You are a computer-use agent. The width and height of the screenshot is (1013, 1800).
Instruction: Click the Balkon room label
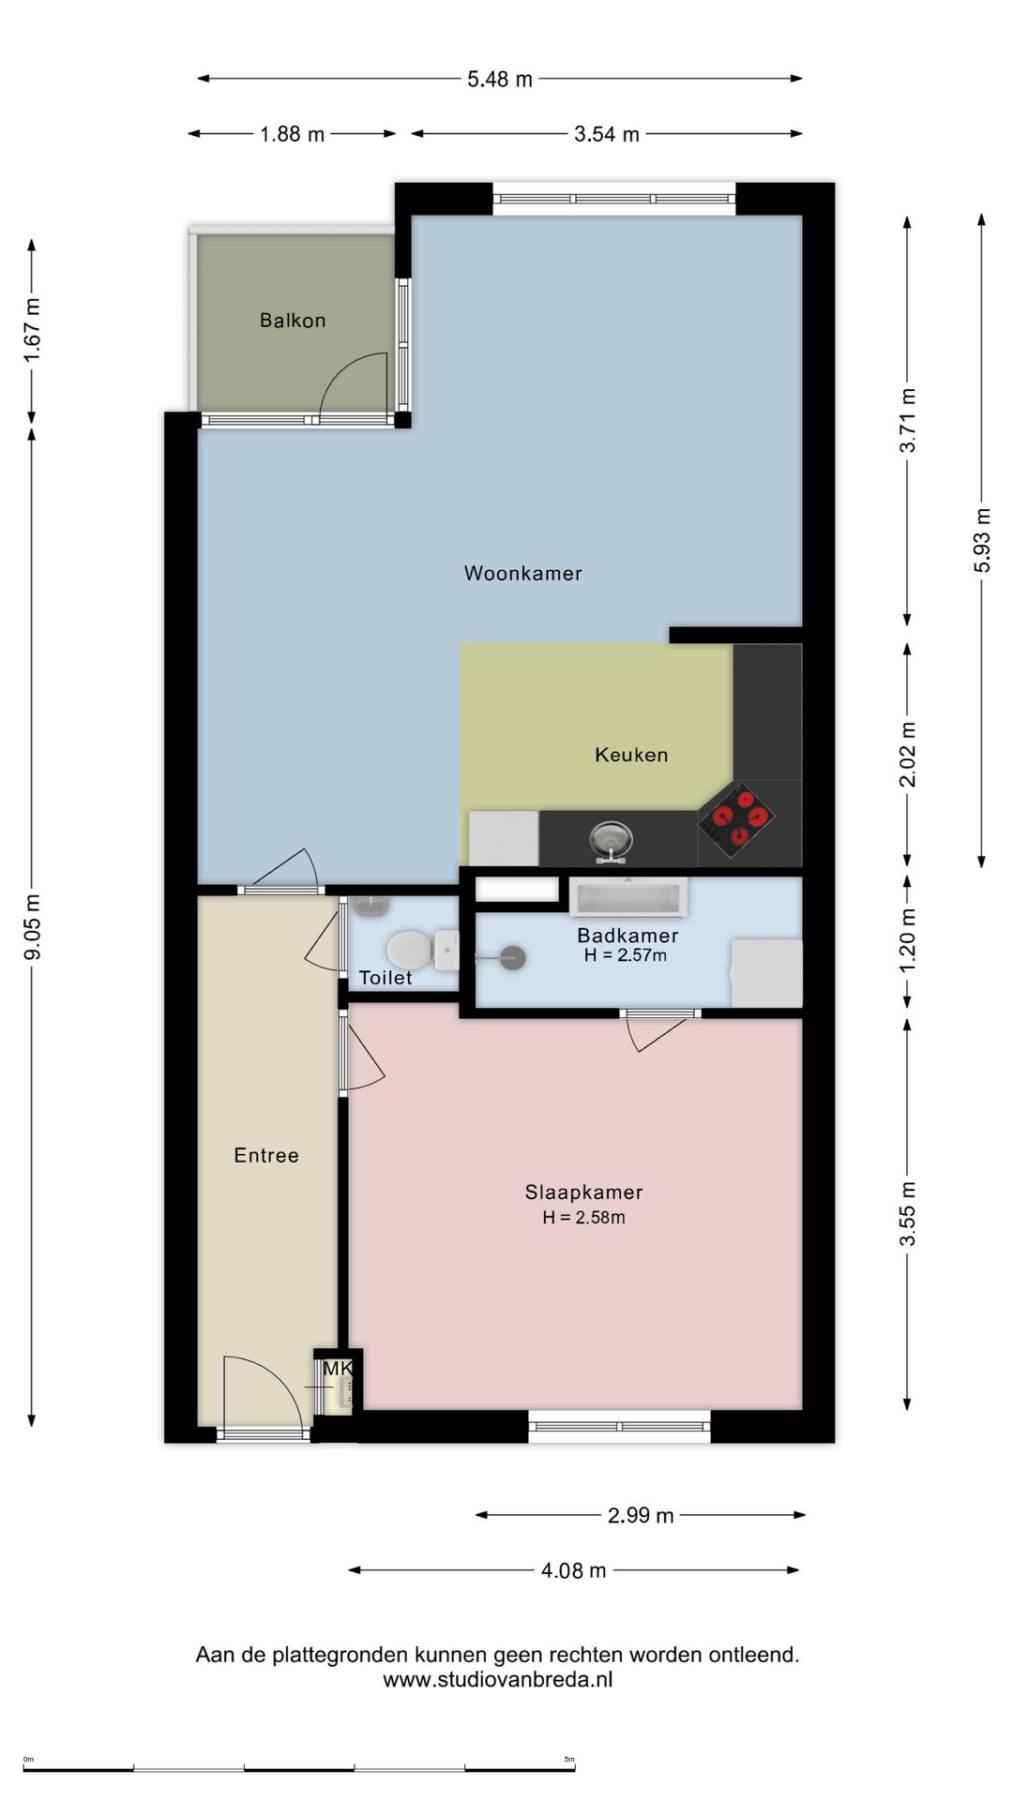[x=293, y=321]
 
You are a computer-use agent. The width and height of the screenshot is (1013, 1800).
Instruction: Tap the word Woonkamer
[x=522, y=573]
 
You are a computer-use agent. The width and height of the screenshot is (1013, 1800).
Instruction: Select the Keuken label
[x=631, y=755]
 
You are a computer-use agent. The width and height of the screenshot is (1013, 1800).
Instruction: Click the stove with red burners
[x=736, y=818]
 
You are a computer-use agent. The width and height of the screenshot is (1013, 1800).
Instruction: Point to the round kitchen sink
[x=611, y=837]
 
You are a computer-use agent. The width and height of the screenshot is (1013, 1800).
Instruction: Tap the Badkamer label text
[x=627, y=935]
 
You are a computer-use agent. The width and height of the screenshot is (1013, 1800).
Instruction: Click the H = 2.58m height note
[x=583, y=1218]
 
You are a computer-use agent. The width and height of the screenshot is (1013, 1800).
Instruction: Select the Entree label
[x=266, y=1156]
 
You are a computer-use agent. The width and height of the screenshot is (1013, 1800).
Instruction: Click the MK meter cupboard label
[x=338, y=1369]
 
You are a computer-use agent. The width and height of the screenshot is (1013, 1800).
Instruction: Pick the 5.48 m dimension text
[x=500, y=80]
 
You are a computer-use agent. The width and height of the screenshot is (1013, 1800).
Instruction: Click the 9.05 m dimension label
[x=33, y=926]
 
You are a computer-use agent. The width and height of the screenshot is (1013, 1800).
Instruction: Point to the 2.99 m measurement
[x=641, y=1516]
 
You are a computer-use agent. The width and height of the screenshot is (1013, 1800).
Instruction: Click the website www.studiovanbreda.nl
[x=497, y=1679]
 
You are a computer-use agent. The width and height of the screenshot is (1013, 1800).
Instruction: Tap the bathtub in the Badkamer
[x=628, y=897]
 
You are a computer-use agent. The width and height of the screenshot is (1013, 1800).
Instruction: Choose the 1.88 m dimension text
[x=293, y=134]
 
